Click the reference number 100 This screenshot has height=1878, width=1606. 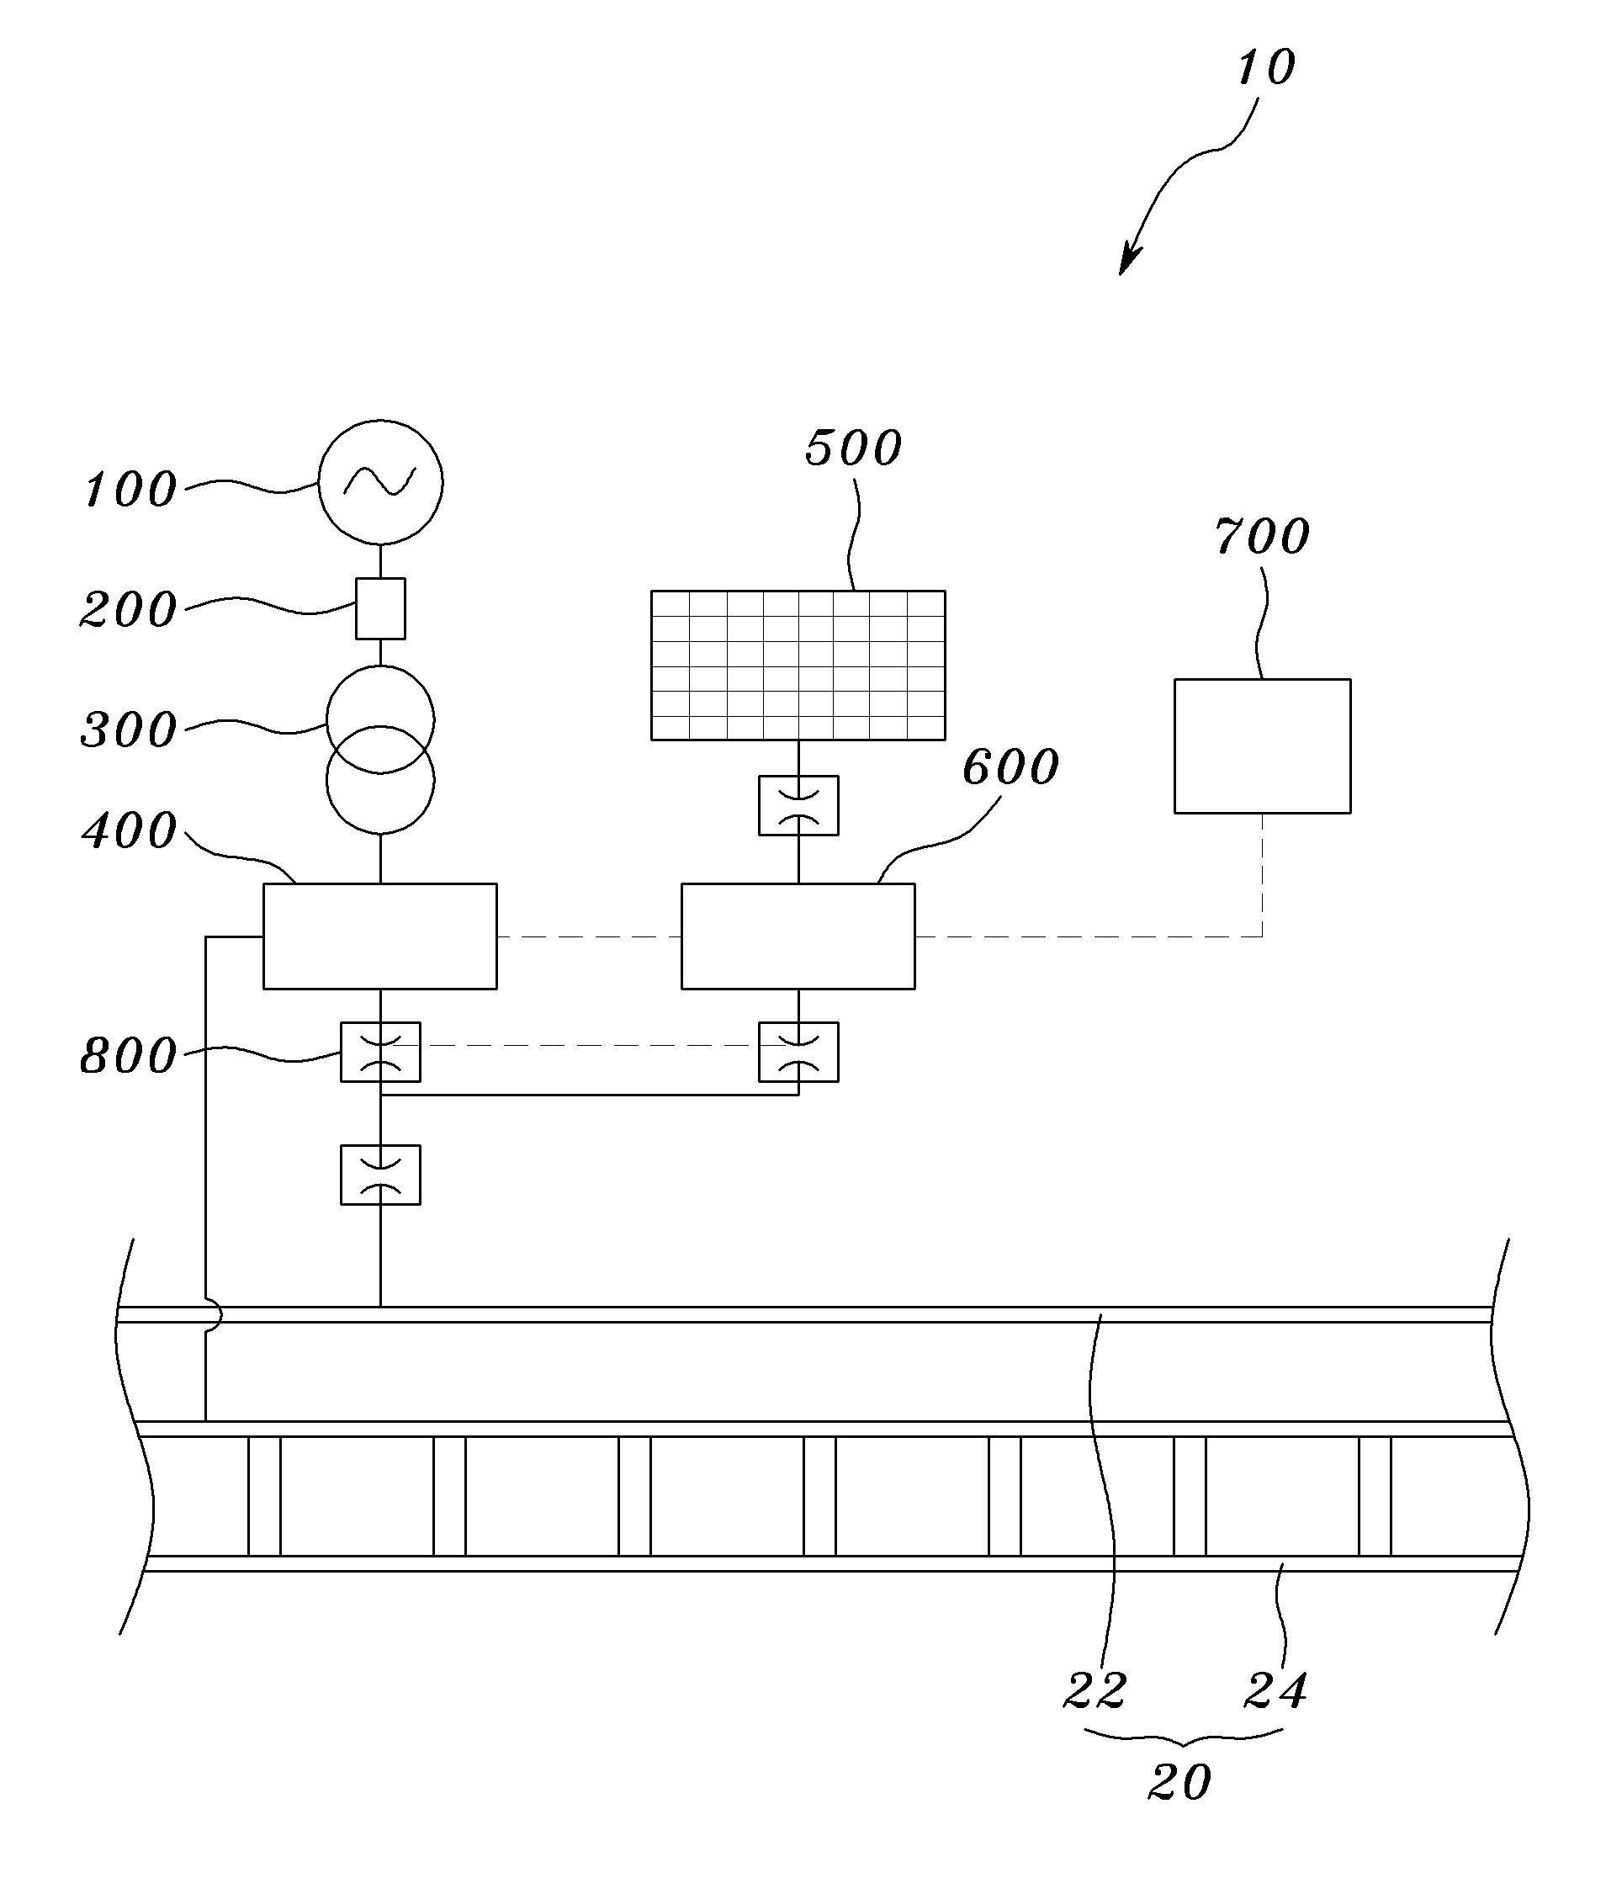click(130, 490)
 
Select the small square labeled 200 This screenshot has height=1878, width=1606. click(380, 608)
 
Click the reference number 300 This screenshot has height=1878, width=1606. click(129, 729)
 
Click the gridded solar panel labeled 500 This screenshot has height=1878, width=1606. click(798, 666)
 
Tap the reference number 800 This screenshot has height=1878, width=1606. click(129, 1056)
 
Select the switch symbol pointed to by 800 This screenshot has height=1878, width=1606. click(380, 1053)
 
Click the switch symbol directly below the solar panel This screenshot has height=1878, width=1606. click(798, 805)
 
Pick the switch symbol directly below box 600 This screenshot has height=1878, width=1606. click(798, 1053)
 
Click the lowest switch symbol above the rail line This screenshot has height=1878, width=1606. click(380, 1175)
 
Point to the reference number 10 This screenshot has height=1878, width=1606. click(1266, 68)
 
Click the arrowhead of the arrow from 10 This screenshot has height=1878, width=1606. click(1126, 263)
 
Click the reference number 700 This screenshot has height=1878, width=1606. click(1263, 537)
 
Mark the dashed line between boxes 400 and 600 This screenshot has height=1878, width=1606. click(589, 936)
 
